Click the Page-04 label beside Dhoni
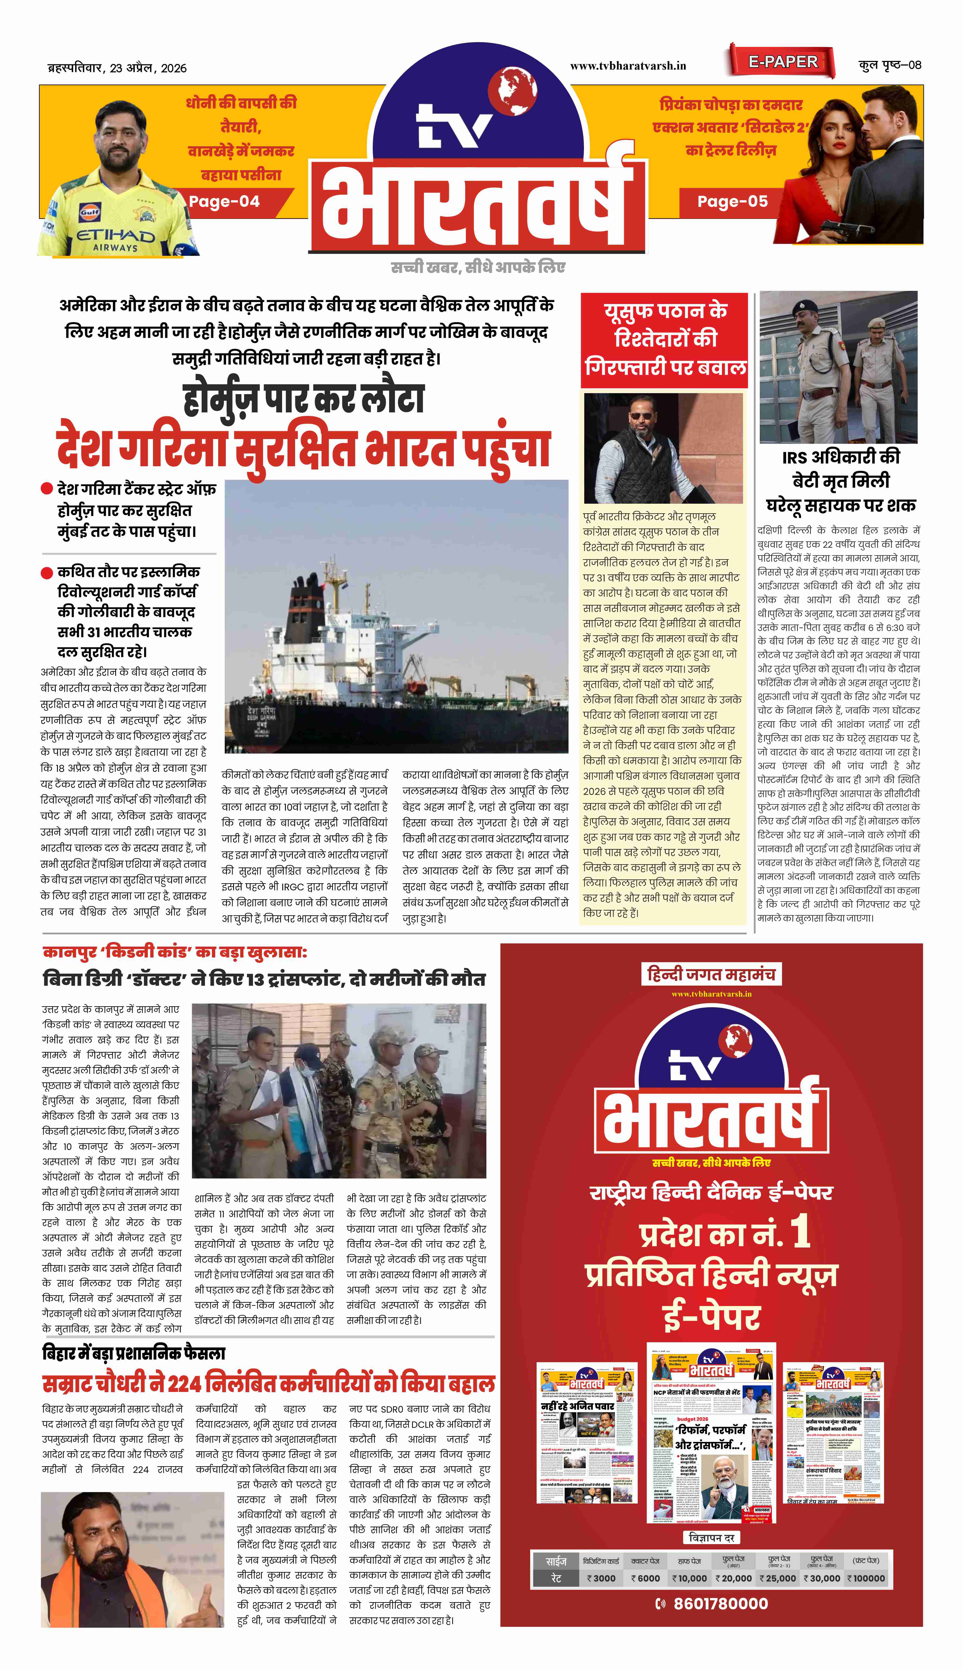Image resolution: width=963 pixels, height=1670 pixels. coord(224,201)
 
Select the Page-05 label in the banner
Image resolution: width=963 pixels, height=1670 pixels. coord(732,201)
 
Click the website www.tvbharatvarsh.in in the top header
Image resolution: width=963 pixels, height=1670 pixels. coord(628,66)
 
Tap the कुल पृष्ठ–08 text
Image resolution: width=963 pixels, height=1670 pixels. coord(890,65)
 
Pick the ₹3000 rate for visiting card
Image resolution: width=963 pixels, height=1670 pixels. coord(601,1578)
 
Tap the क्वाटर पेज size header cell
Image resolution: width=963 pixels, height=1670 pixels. coord(645,1561)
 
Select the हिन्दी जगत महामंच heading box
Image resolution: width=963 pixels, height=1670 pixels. coord(711,974)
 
